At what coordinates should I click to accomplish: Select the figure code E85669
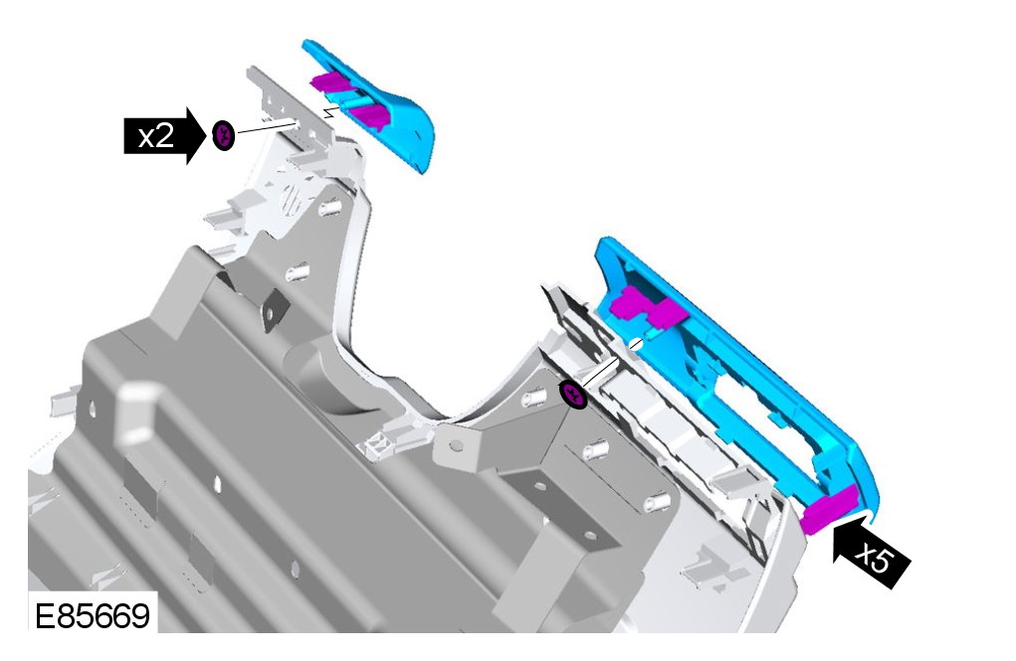92,615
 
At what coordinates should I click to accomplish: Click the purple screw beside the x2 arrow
223,135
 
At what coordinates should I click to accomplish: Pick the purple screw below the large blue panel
573,395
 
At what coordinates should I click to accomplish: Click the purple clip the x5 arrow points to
830,509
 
